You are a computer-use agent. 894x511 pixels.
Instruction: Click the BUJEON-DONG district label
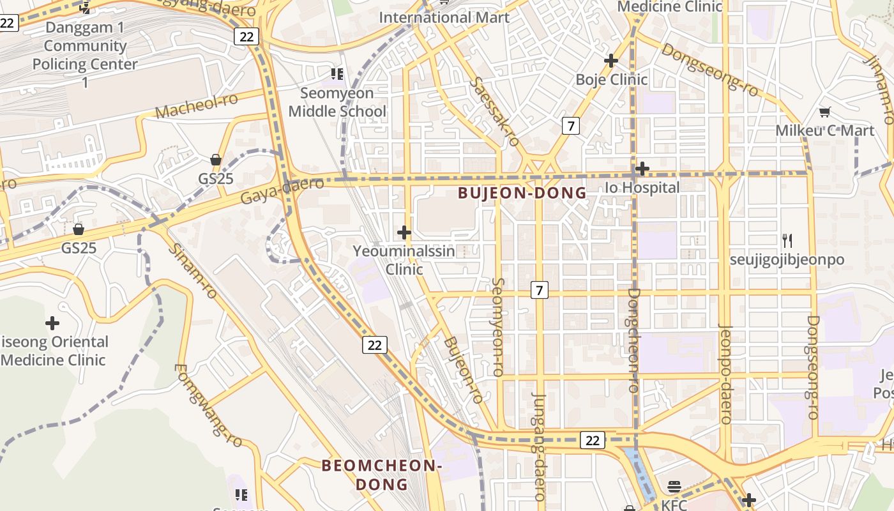[x=522, y=193]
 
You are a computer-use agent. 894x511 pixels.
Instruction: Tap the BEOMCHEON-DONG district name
[x=382, y=475]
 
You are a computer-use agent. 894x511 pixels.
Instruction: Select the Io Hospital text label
[x=642, y=188]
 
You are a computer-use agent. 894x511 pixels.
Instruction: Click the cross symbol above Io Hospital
[x=642, y=169]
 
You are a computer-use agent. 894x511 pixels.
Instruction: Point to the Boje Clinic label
[x=612, y=80]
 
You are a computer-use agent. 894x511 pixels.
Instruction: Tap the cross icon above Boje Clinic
[x=611, y=61]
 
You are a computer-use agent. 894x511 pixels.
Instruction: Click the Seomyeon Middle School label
[x=337, y=102]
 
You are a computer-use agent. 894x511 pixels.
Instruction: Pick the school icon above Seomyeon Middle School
[x=337, y=74]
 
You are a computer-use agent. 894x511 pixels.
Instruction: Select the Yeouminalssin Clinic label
[x=404, y=260]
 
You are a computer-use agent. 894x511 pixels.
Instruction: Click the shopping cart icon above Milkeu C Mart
[x=824, y=112]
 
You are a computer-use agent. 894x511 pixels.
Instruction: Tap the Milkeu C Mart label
[x=824, y=131]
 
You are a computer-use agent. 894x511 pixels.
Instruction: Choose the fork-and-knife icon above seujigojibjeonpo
[x=787, y=241]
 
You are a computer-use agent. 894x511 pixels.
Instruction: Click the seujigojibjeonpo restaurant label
[x=787, y=260]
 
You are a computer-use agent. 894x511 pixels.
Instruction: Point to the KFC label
[x=674, y=505]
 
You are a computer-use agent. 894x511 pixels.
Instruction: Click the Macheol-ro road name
[x=197, y=106]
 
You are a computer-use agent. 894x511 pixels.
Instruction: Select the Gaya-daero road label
[x=282, y=191]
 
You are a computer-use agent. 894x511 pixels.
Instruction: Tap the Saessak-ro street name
[x=494, y=111]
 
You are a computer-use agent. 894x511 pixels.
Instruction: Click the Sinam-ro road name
[x=193, y=271]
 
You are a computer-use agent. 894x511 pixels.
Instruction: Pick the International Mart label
[x=444, y=17]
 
